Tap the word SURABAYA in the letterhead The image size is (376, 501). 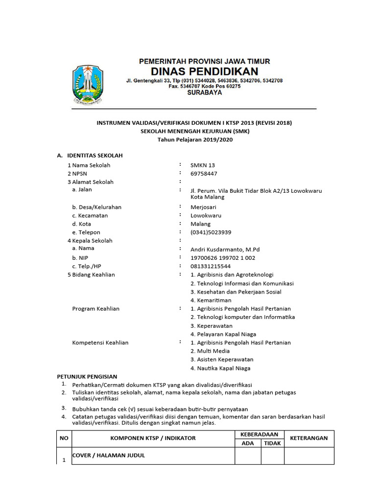[x=204, y=92]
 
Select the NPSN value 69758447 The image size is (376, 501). [x=204, y=174]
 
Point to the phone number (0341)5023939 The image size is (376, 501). [x=211, y=232]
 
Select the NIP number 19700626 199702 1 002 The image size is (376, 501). [x=223, y=258]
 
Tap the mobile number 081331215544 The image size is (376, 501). [x=211, y=266]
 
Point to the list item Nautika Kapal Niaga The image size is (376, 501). [x=220, y=368]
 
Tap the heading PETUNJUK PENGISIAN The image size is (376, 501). [x=87, y=376]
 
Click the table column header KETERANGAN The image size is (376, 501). [x=309, y=438]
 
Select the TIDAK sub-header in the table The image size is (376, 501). [x=272, y=443]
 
